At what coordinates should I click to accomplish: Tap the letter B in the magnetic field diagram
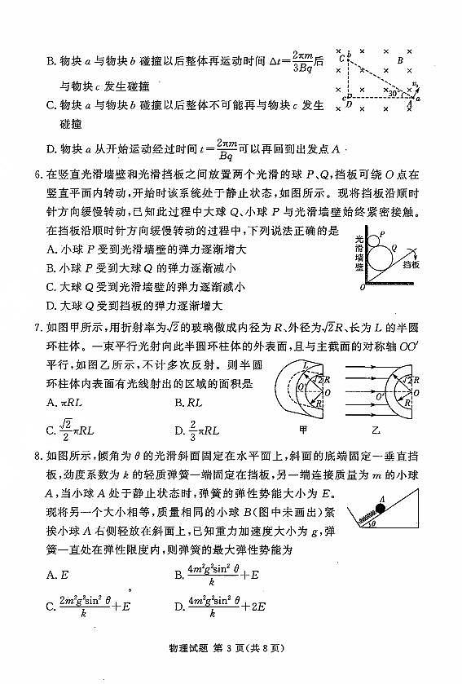(x=399, y=60)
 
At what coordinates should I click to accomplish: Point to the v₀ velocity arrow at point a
(x=415, y=86)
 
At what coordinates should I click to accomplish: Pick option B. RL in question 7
(x=188, y=403)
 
